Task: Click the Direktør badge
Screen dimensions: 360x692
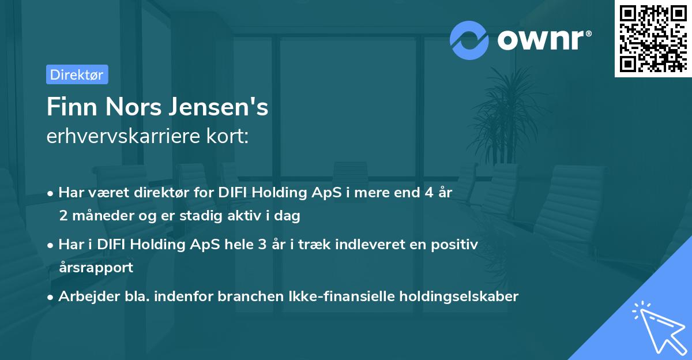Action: click(77, 75)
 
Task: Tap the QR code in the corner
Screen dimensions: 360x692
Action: click(653, 39)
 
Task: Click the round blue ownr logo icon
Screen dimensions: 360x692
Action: click(470, 40)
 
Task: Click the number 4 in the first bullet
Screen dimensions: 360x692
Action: click(428, 193)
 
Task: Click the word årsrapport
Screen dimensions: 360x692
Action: click(96, 267)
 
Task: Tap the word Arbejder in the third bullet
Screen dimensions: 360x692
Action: click(86, 296)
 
